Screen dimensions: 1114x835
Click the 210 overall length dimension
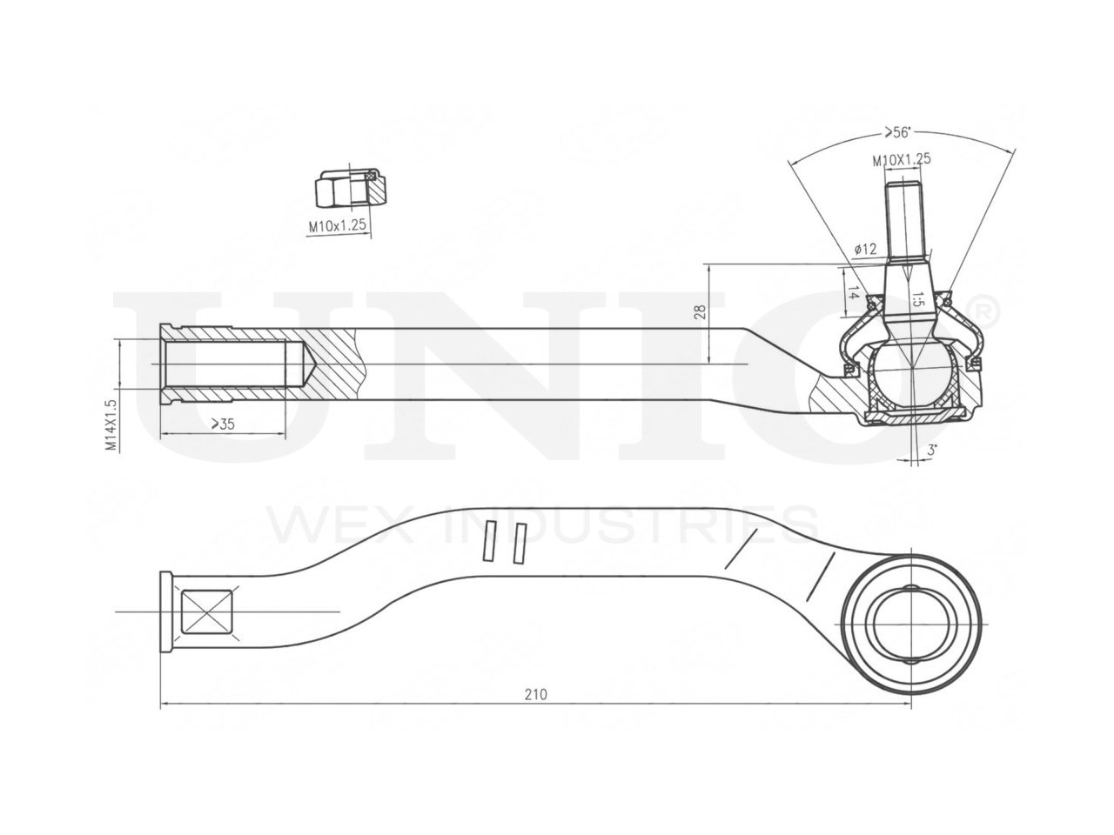pos(535,694)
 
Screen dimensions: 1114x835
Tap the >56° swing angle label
pos(896,132)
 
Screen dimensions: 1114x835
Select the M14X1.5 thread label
pos(111,425)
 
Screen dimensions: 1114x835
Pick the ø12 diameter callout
pos(865,249)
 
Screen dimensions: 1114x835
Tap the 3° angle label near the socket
pos(931,451)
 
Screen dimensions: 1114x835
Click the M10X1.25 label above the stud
pos(902,160)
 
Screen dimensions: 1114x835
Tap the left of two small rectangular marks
pos(490,541)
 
